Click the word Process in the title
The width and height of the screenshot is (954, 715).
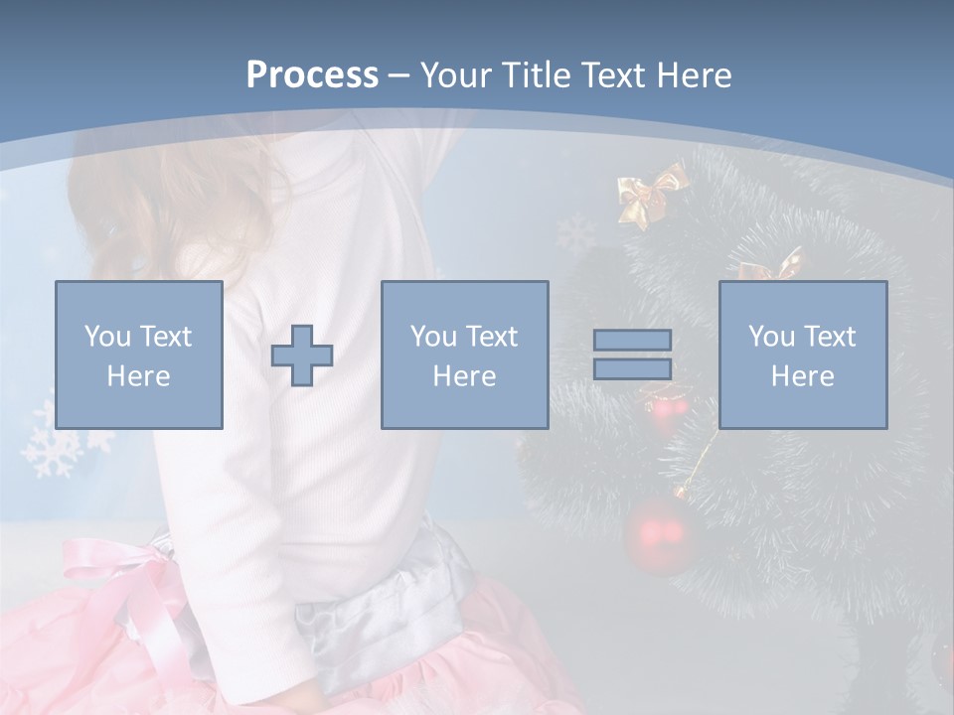[312, 75]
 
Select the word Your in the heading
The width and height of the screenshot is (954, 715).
[455, 75]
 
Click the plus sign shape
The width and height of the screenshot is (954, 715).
[302, 355]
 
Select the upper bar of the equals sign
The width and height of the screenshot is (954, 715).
[632, 340]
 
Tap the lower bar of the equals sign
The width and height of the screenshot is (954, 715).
[632, 368]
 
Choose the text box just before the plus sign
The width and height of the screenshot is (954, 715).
[138, 355]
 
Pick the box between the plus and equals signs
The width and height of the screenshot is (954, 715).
[464, 355]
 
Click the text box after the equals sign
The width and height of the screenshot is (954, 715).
[802, 355]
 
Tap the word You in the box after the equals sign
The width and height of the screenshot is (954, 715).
[771, 337]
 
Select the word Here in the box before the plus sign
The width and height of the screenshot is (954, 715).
[138, 376]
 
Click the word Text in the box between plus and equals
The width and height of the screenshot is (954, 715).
[491, 337]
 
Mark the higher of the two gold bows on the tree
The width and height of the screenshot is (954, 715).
[650, 194]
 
